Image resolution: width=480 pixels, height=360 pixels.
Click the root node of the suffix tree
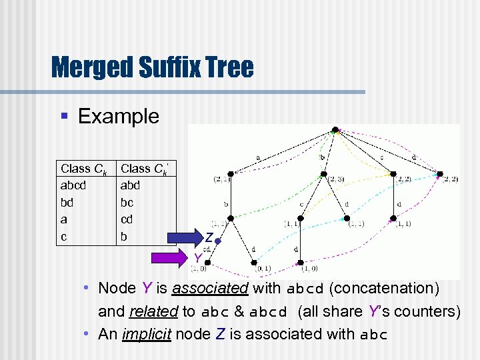coord(337,130)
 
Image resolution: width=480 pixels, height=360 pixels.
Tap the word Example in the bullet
coord(119,116)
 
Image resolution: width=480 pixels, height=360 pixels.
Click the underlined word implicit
coord(146,334)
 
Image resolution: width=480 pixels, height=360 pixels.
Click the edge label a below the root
coord(257,157)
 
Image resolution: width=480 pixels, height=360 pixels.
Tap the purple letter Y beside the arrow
coord(198,258)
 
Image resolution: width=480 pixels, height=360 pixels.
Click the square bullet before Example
coord(65,117)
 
